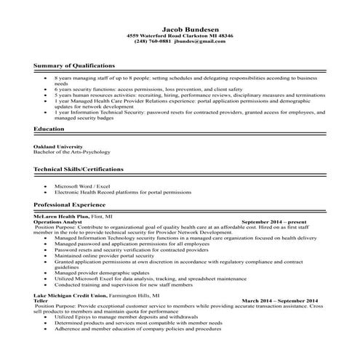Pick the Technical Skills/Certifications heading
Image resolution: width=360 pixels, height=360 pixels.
click(79, 169)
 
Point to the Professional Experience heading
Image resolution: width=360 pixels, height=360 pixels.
click(69, 206)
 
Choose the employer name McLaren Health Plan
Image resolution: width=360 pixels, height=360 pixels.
click(61, 216)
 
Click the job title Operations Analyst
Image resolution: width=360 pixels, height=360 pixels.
click(57, 221)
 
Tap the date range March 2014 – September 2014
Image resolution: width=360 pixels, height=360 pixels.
click(279, 300)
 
